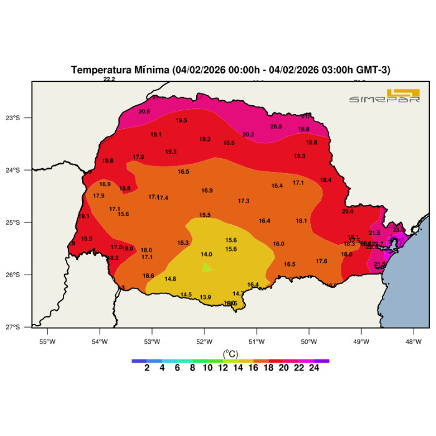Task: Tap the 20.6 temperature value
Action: (145, 111)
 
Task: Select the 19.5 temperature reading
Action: (181, 121)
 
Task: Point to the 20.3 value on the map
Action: (249, 135)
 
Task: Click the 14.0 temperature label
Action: (206, 254)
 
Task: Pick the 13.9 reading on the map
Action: (206, 298)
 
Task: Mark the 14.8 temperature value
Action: (171, 279)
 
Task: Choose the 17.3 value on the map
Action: (244, 201)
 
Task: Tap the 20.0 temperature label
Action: (348, 212)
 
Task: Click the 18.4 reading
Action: (326, 181)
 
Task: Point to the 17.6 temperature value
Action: (321, 262)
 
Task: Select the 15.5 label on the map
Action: (205, 216)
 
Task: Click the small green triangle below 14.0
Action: (207, 268)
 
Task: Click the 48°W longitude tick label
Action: (414, 341)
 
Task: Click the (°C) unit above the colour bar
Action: (230, 353)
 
